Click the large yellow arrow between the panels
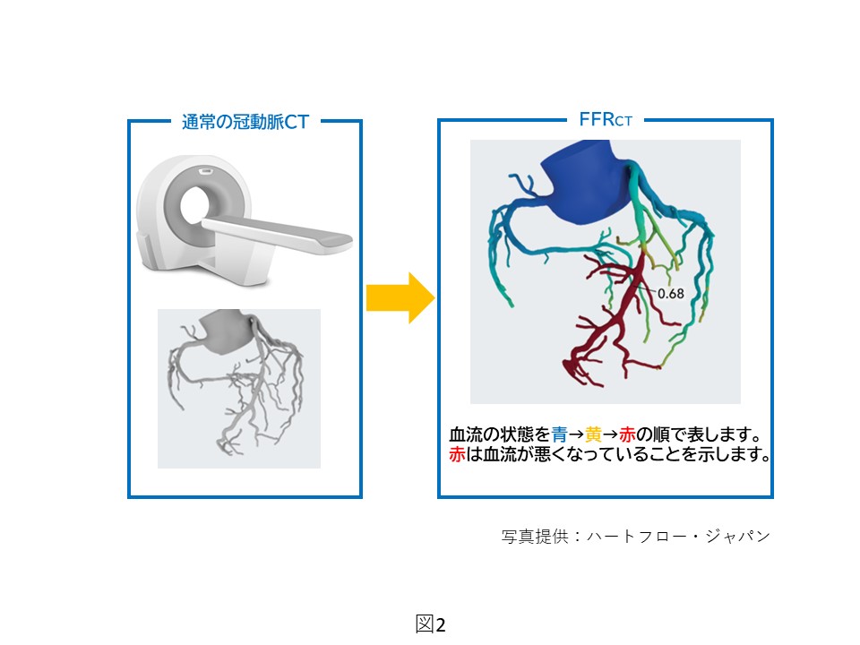point(400,297)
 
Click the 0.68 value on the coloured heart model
point(671,294)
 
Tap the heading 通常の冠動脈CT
point(245,122)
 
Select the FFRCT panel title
point(606,119)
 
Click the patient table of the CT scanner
point(278,233)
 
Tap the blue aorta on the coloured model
point(585,180)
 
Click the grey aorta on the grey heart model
point(226,331)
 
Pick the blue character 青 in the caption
point(559,434)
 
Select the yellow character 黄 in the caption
point(593,434)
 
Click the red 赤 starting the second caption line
point(458,454)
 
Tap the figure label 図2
point(431,624)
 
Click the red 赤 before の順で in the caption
point(627,434)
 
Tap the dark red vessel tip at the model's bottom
point(568,365)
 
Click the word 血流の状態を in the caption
point(500,434)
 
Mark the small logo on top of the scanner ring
point(206,171)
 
